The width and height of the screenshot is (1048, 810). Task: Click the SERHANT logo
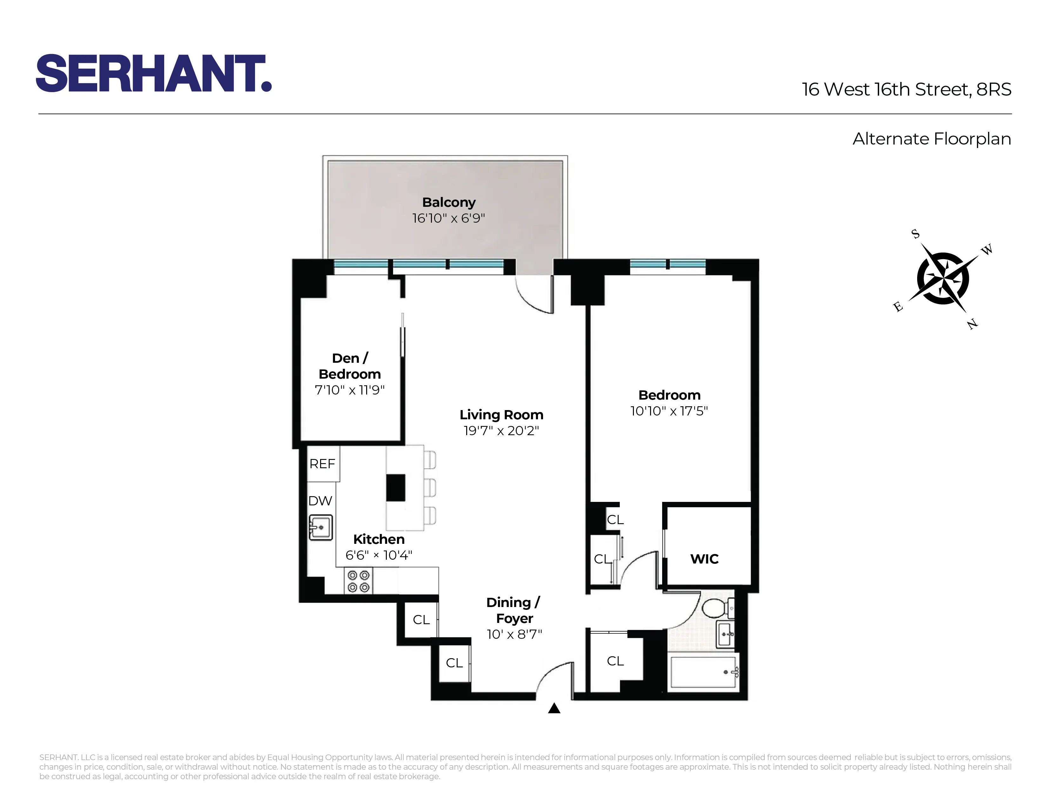coord(154,73)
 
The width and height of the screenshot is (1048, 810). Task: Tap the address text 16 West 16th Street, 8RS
coord(906,90)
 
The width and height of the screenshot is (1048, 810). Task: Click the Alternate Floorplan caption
coord(931,139)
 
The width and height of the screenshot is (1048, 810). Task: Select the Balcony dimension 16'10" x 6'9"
coord(449,218)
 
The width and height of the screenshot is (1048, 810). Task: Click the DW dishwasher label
coord(320,501)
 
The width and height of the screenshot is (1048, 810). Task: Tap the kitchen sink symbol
coord(320,527)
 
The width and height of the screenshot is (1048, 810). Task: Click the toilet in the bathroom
coord(717,609)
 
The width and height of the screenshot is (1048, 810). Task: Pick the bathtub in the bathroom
coord(703,672)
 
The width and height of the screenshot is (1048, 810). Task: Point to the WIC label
coord(704,559)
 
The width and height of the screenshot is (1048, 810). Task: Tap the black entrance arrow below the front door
coord(554,708)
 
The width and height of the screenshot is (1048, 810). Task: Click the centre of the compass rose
coord(943,278)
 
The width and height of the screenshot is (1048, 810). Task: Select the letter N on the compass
coord(972,324)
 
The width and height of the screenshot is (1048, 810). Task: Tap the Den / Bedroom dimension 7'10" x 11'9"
coord(350,390)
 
